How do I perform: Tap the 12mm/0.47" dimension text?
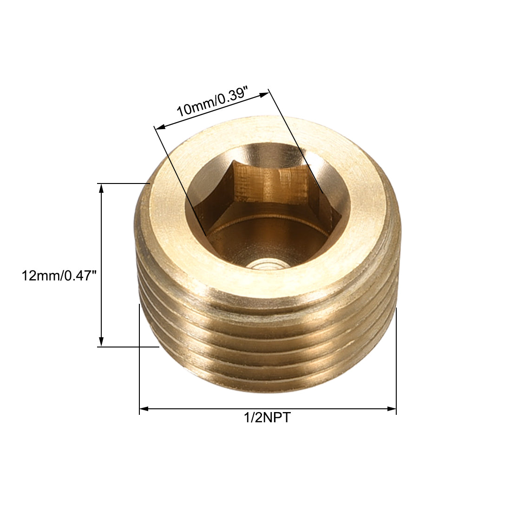pos(59,276)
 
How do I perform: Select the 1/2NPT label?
pos(267,418)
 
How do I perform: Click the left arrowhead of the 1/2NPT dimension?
pos(144,409)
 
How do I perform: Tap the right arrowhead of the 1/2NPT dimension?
pos(392,409)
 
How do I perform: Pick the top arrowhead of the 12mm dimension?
pos(101,188)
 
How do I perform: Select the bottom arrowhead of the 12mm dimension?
pos(101,342)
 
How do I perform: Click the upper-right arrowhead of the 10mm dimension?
pos(264,94)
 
